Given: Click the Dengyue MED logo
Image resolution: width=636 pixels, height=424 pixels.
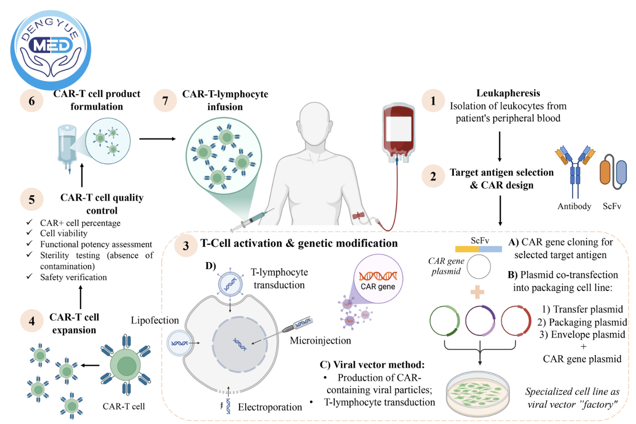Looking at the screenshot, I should point(51,49).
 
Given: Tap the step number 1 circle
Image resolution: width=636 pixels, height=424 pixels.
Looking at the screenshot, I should point(433,101).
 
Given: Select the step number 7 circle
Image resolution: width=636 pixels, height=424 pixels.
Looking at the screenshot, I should point(165,101).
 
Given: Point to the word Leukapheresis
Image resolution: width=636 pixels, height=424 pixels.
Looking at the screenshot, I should point(508,93).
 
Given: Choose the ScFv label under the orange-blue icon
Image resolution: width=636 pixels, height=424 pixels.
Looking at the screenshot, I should point(611,206).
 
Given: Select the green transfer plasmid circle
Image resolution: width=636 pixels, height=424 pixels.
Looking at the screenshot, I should point(444,321).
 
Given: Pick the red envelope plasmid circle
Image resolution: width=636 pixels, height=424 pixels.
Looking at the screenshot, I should point(516,321).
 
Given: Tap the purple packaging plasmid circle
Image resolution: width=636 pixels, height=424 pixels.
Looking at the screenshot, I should point(480,321).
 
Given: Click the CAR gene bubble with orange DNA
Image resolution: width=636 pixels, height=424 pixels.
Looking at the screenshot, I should point(378,279).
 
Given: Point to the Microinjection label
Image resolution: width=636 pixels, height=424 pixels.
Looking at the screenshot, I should point(320,341).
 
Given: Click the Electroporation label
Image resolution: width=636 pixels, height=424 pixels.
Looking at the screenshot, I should point(270,407).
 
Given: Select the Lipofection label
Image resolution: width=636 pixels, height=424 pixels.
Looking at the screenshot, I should point(154,320).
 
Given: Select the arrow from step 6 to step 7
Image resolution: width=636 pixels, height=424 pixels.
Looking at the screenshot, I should point(157,139).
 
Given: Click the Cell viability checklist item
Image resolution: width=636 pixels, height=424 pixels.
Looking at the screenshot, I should point(64,233).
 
